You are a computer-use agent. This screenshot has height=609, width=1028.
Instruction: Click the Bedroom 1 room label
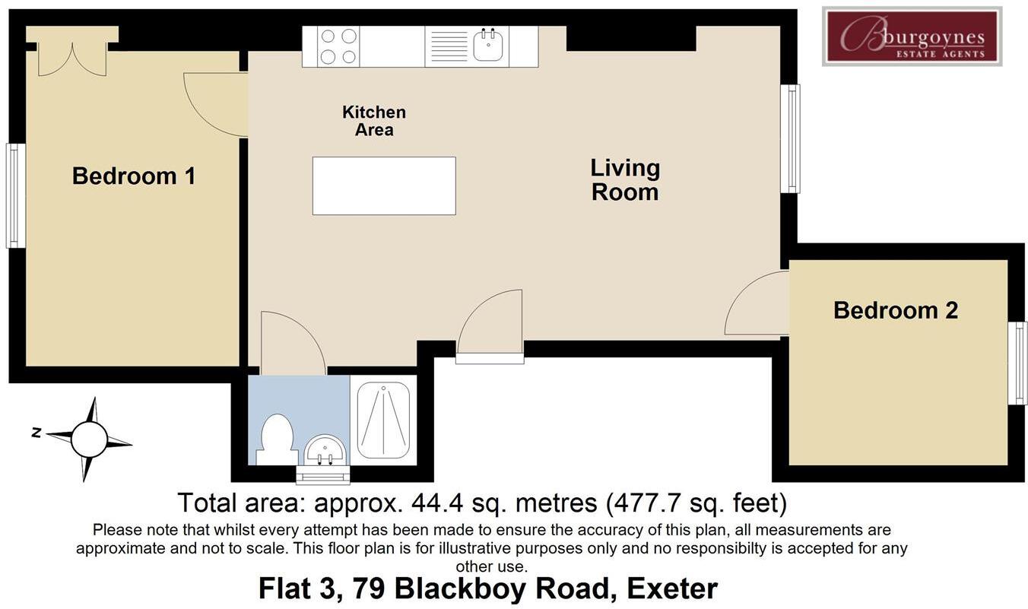coord(134,176)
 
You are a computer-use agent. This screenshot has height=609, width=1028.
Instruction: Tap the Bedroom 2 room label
coord(896,311)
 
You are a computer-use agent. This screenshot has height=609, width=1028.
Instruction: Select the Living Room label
coord(625,180)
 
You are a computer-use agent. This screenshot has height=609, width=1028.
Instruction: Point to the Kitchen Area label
coord(374,121)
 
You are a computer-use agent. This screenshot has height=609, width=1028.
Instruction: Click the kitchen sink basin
coord(488,45)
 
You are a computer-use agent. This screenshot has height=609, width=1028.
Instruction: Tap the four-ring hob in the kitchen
coord(338,46)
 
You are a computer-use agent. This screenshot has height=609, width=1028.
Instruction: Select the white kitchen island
coord(384,186)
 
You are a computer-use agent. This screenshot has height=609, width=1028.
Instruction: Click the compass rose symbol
coord(89,439)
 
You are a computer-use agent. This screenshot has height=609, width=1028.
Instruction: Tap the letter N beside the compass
coord(36,433)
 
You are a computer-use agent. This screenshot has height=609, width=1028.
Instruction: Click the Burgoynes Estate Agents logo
coord(912,36)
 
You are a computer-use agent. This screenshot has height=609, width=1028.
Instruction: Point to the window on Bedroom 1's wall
coord(16,196)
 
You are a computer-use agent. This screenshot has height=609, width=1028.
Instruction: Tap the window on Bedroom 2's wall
coord(1017,363)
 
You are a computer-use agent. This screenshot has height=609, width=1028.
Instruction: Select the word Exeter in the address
coord(672,588)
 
